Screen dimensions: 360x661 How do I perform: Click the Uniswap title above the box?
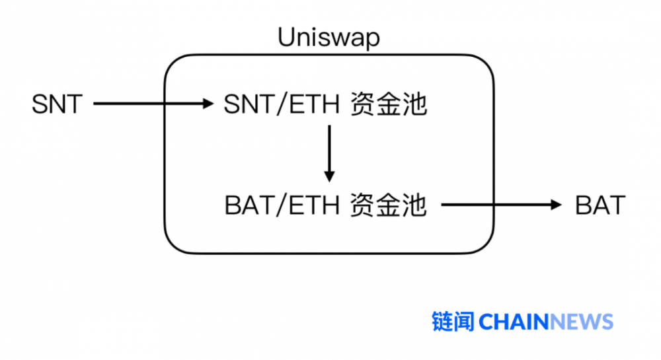pos(329,38)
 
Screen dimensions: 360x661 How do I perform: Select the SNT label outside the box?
pos(57,104)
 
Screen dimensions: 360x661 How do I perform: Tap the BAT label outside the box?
pos(600,205)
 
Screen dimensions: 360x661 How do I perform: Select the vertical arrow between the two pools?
pos(329,153)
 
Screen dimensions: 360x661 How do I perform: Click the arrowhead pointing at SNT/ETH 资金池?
pos(209,104)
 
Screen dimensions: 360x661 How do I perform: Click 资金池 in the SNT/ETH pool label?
pos(388,104)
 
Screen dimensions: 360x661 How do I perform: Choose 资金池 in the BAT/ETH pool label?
pos(388,205)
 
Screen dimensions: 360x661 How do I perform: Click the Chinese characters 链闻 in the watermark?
pos(453,322)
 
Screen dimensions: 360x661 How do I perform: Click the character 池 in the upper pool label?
pos(414,104)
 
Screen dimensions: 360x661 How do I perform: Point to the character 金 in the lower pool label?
pos(388,205)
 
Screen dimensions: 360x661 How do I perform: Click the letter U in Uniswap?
pos(286,38)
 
